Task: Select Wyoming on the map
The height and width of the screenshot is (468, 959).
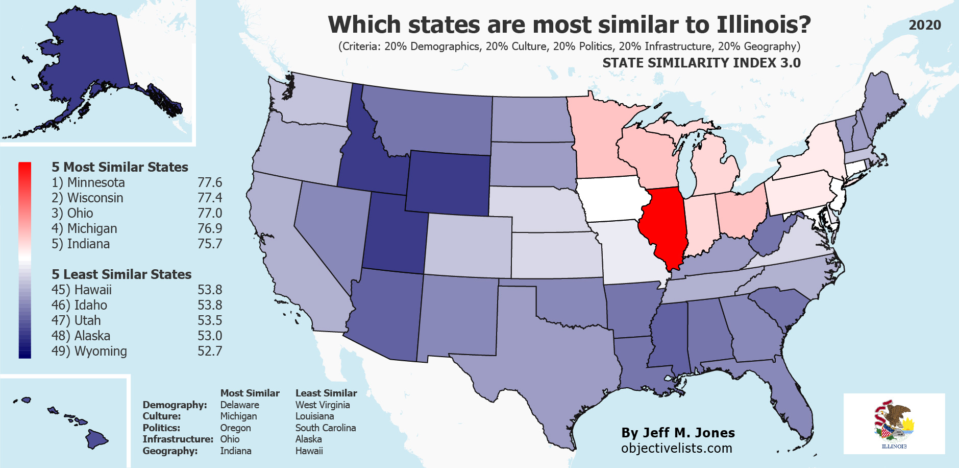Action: (x=448, y=183)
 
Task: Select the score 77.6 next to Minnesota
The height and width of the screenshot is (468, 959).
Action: (x=210, y=182)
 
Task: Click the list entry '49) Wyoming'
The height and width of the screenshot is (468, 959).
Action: (x=89, y=351)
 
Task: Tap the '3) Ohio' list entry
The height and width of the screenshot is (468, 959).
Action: (x=72, y=213)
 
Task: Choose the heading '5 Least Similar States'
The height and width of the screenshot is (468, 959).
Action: (x=121, y=274)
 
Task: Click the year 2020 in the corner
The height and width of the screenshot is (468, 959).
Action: (x=925, y=25)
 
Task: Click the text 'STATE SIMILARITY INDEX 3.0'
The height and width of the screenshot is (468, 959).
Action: (x=701, y=63)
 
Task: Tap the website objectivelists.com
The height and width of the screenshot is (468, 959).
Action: (x=676, y=448)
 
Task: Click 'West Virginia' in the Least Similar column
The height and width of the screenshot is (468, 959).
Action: (x=323, y=405)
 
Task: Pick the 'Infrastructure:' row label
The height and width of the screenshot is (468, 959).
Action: (x=178, y=439)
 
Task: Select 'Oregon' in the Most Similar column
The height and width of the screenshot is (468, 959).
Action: (x=235, y=428)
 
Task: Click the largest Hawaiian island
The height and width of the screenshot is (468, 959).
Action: (x=96, y=439)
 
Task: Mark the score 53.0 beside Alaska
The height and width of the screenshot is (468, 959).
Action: (x=210, y=336)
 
